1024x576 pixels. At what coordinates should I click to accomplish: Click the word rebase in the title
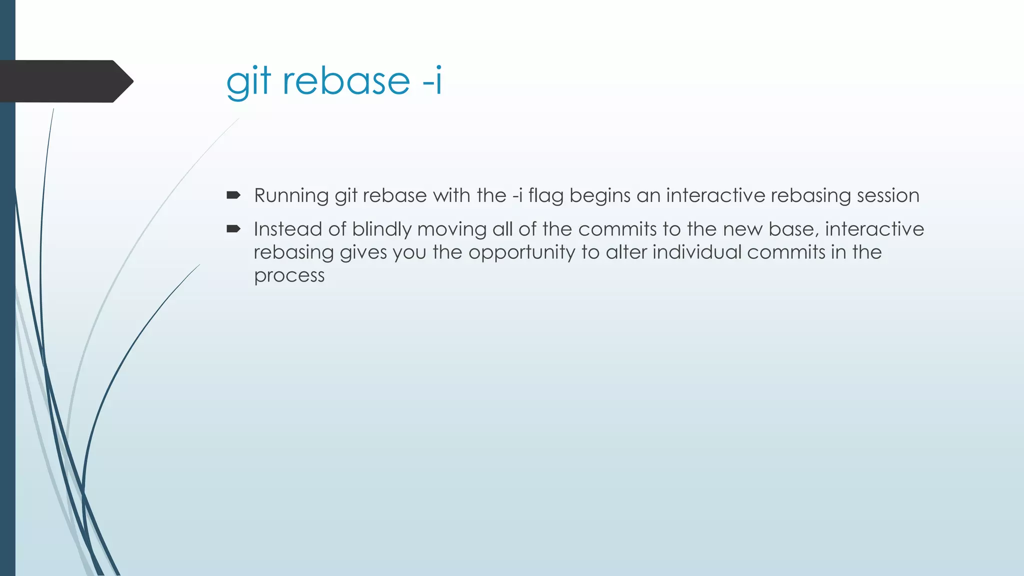[x=346, y=81]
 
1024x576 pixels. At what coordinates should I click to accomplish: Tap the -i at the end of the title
[x=432, y=81]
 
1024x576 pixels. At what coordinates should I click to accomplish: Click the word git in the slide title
[x=248, y=82]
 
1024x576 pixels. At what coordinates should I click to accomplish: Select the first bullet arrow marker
[x=233, y=195]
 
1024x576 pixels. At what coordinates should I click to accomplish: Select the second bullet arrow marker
[x=233, y=229]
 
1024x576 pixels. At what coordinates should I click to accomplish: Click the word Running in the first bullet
[x=291, y=195]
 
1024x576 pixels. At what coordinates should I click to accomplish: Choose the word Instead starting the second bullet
[x=287, y=229]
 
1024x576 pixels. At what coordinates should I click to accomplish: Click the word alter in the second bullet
[x=626, y=252]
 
